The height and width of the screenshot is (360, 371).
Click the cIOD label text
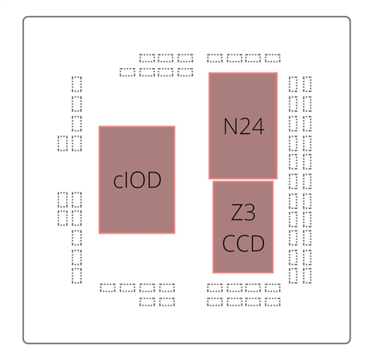[137, 180]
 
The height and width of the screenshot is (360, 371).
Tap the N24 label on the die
[244, 127]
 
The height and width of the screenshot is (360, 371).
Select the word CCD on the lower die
[243, 244]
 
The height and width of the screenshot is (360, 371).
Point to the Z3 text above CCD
[243, 213]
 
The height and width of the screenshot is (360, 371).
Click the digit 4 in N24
[258, 127]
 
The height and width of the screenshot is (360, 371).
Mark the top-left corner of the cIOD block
[100, 127]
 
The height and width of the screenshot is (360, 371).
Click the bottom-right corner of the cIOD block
[174, 233]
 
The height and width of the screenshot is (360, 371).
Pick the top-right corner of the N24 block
[276, 73]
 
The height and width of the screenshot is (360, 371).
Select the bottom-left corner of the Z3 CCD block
[213, 272]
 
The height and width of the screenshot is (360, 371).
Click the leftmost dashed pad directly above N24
[215, 59]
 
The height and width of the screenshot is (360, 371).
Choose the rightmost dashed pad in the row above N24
[273, 59]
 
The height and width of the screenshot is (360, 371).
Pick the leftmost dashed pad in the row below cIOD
[108, 288]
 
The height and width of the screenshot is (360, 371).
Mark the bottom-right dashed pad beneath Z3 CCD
[273, 302]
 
